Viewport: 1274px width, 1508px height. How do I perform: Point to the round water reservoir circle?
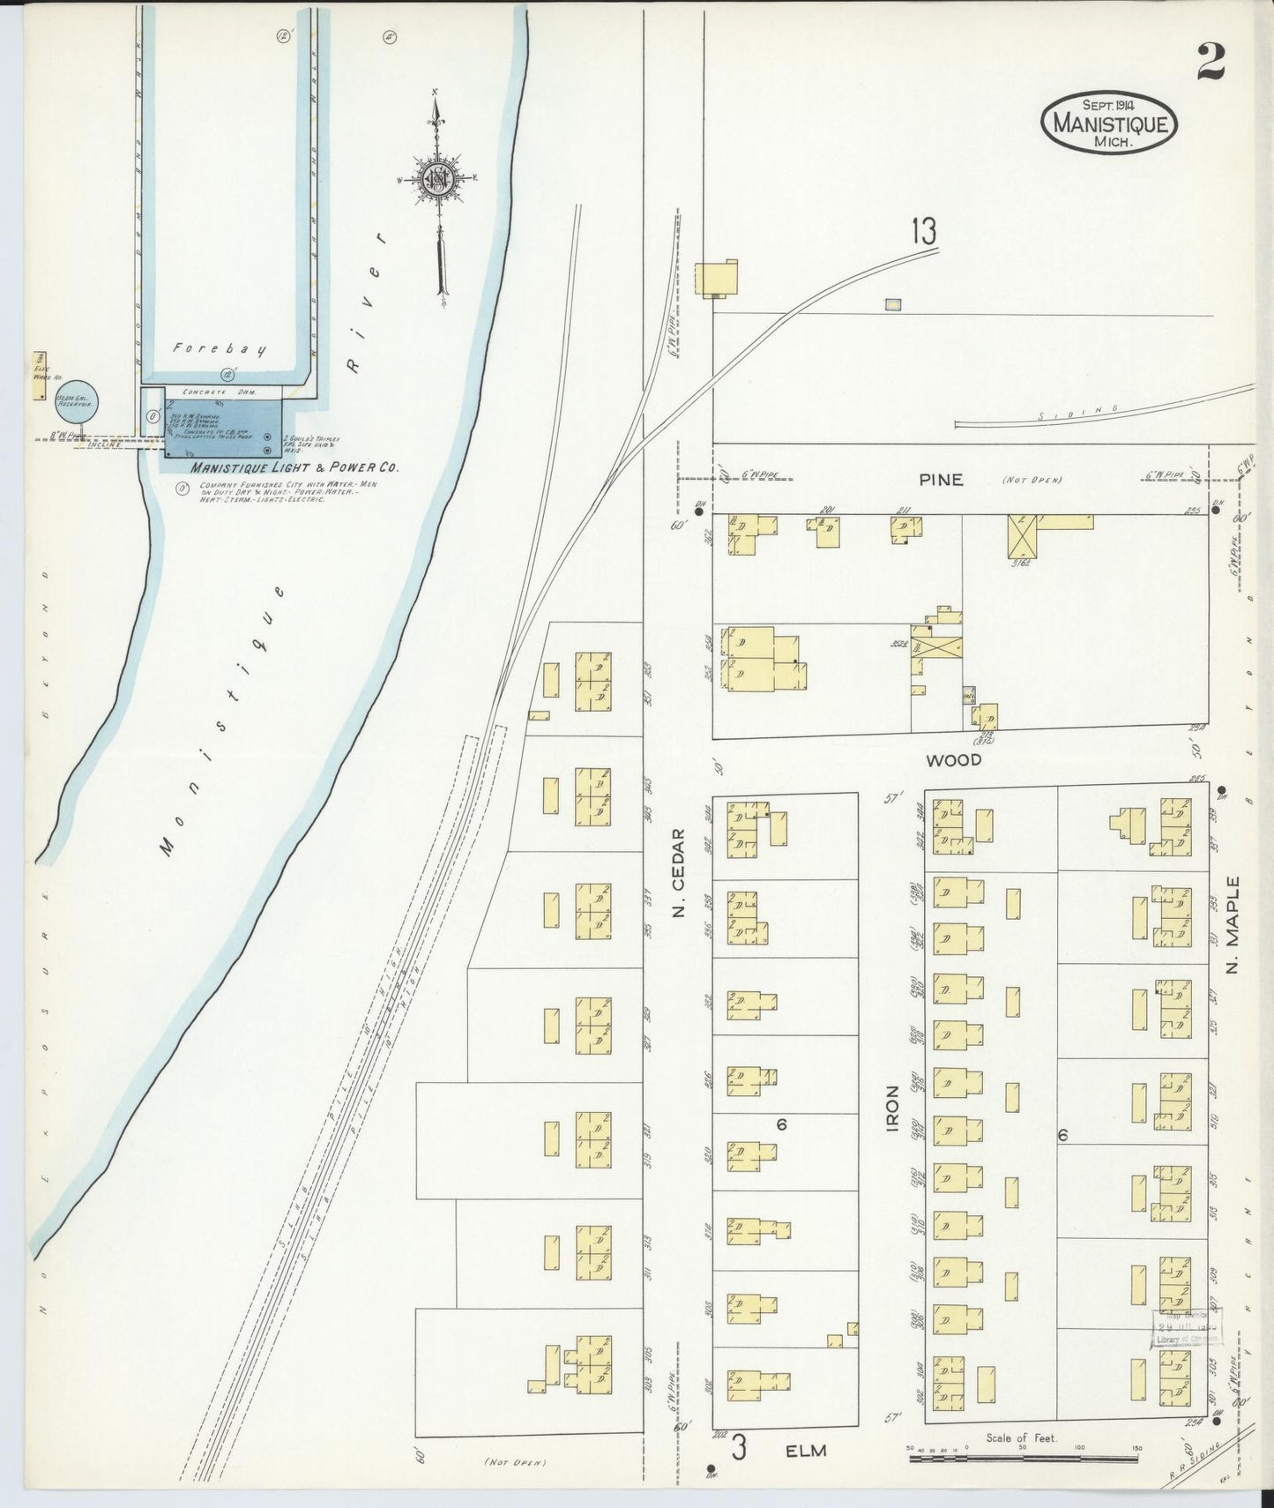click(76, 404)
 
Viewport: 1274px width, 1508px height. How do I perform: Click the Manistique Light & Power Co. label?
click(281, 468)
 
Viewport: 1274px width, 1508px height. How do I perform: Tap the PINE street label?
click(940, 480)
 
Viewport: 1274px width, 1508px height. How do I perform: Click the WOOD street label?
click(953, 759)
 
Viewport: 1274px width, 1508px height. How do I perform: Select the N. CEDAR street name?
click(678, 872)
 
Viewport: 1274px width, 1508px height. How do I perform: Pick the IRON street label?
click(892, 1109)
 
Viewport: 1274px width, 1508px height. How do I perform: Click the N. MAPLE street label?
click(1233, 925)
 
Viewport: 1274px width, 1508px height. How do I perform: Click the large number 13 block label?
click(924, 232)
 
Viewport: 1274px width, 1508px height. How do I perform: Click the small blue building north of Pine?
click(894, 304)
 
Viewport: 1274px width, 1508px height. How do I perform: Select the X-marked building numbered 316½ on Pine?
click(1023, 536)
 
